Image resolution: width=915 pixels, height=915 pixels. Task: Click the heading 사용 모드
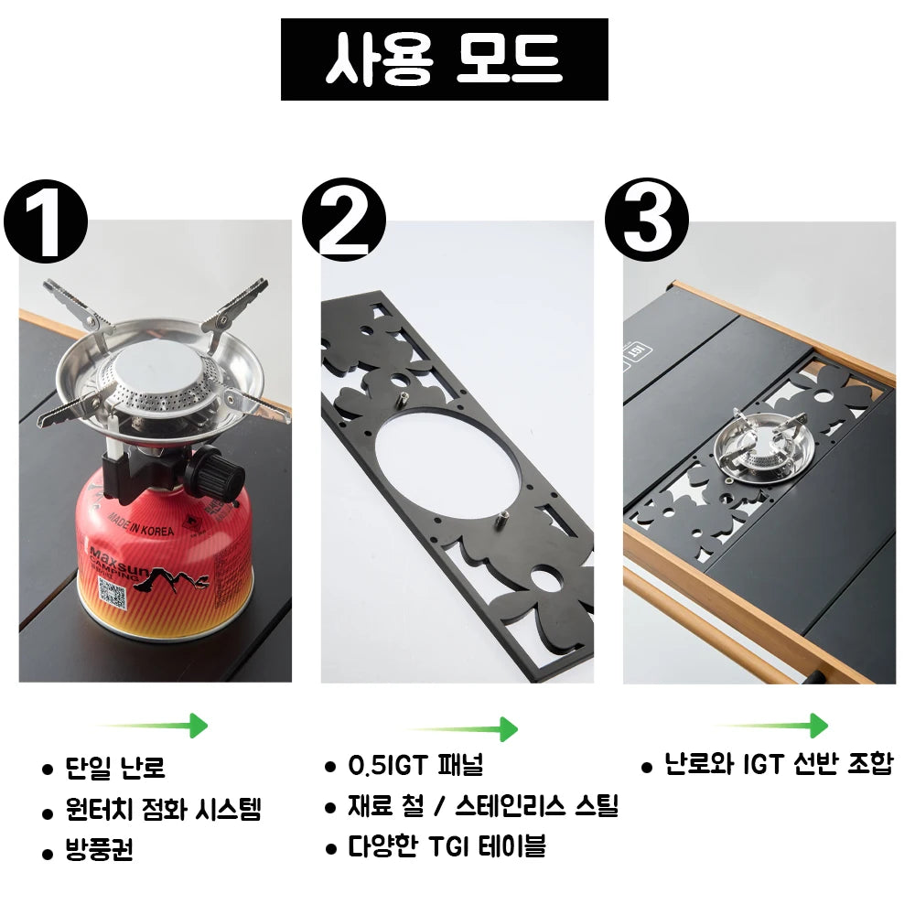[444, 59]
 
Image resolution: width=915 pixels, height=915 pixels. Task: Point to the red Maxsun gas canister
[165, 558]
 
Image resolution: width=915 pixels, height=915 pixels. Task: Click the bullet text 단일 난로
[115, 768]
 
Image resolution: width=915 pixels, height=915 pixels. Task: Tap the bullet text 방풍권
[100, 851]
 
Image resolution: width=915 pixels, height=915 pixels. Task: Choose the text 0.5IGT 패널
[415, 765]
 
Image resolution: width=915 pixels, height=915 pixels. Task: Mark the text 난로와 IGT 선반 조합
[778, 764]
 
